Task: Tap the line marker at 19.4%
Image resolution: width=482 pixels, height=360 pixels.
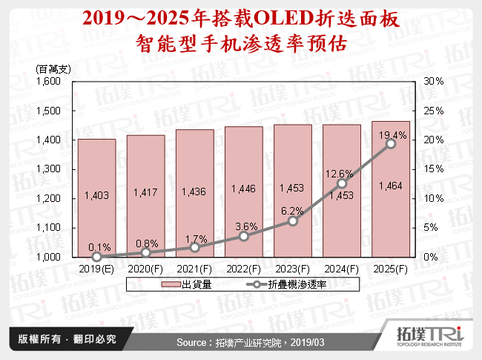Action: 391,144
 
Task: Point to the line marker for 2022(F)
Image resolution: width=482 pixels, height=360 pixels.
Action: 243,236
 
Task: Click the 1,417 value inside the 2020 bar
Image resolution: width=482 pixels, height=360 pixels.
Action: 145,194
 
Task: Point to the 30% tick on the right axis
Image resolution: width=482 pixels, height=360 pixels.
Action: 433,81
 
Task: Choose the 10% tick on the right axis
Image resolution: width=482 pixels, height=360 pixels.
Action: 433,198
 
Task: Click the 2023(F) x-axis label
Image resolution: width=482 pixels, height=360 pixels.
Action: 292,267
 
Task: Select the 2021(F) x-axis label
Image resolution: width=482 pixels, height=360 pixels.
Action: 194,267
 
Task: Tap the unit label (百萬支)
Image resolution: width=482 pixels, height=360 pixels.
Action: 52,68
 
